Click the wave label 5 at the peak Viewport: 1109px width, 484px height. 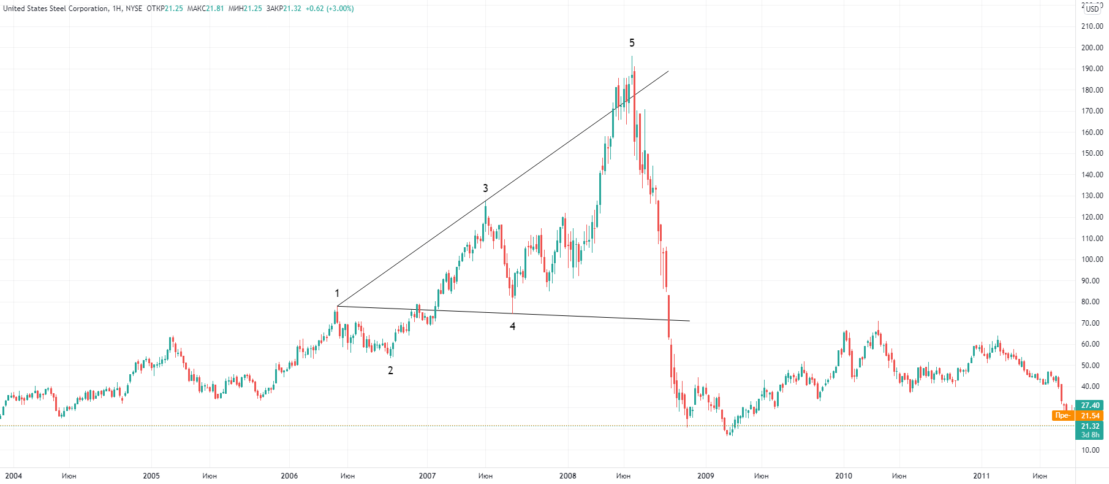point(632,43)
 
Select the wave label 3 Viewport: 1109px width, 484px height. point(485,188)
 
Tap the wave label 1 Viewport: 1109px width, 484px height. point(337,294)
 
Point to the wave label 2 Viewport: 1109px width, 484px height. point(390,371)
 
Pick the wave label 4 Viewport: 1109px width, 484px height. point(513,326)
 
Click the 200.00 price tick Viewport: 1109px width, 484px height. point(1092,48)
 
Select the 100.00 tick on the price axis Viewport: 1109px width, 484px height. point(1092,259)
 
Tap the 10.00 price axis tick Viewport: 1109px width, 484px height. point(1090,450)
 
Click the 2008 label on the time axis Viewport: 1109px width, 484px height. point(567,476)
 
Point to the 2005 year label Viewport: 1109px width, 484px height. point(151,476)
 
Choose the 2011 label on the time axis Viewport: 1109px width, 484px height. point(982,476)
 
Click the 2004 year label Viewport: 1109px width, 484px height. point(13,476)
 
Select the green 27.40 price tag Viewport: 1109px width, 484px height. point(1090,405)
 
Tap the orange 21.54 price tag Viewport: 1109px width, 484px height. point(1090,416)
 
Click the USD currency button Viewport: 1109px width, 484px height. point(1092,9)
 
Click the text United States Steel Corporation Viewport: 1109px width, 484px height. point(56,9)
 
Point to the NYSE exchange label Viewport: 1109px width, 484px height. point(134,9)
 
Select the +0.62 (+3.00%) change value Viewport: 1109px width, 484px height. point(330,9)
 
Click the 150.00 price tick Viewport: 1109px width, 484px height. point(1092,153)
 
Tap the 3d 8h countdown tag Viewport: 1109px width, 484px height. point(1090,435)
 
